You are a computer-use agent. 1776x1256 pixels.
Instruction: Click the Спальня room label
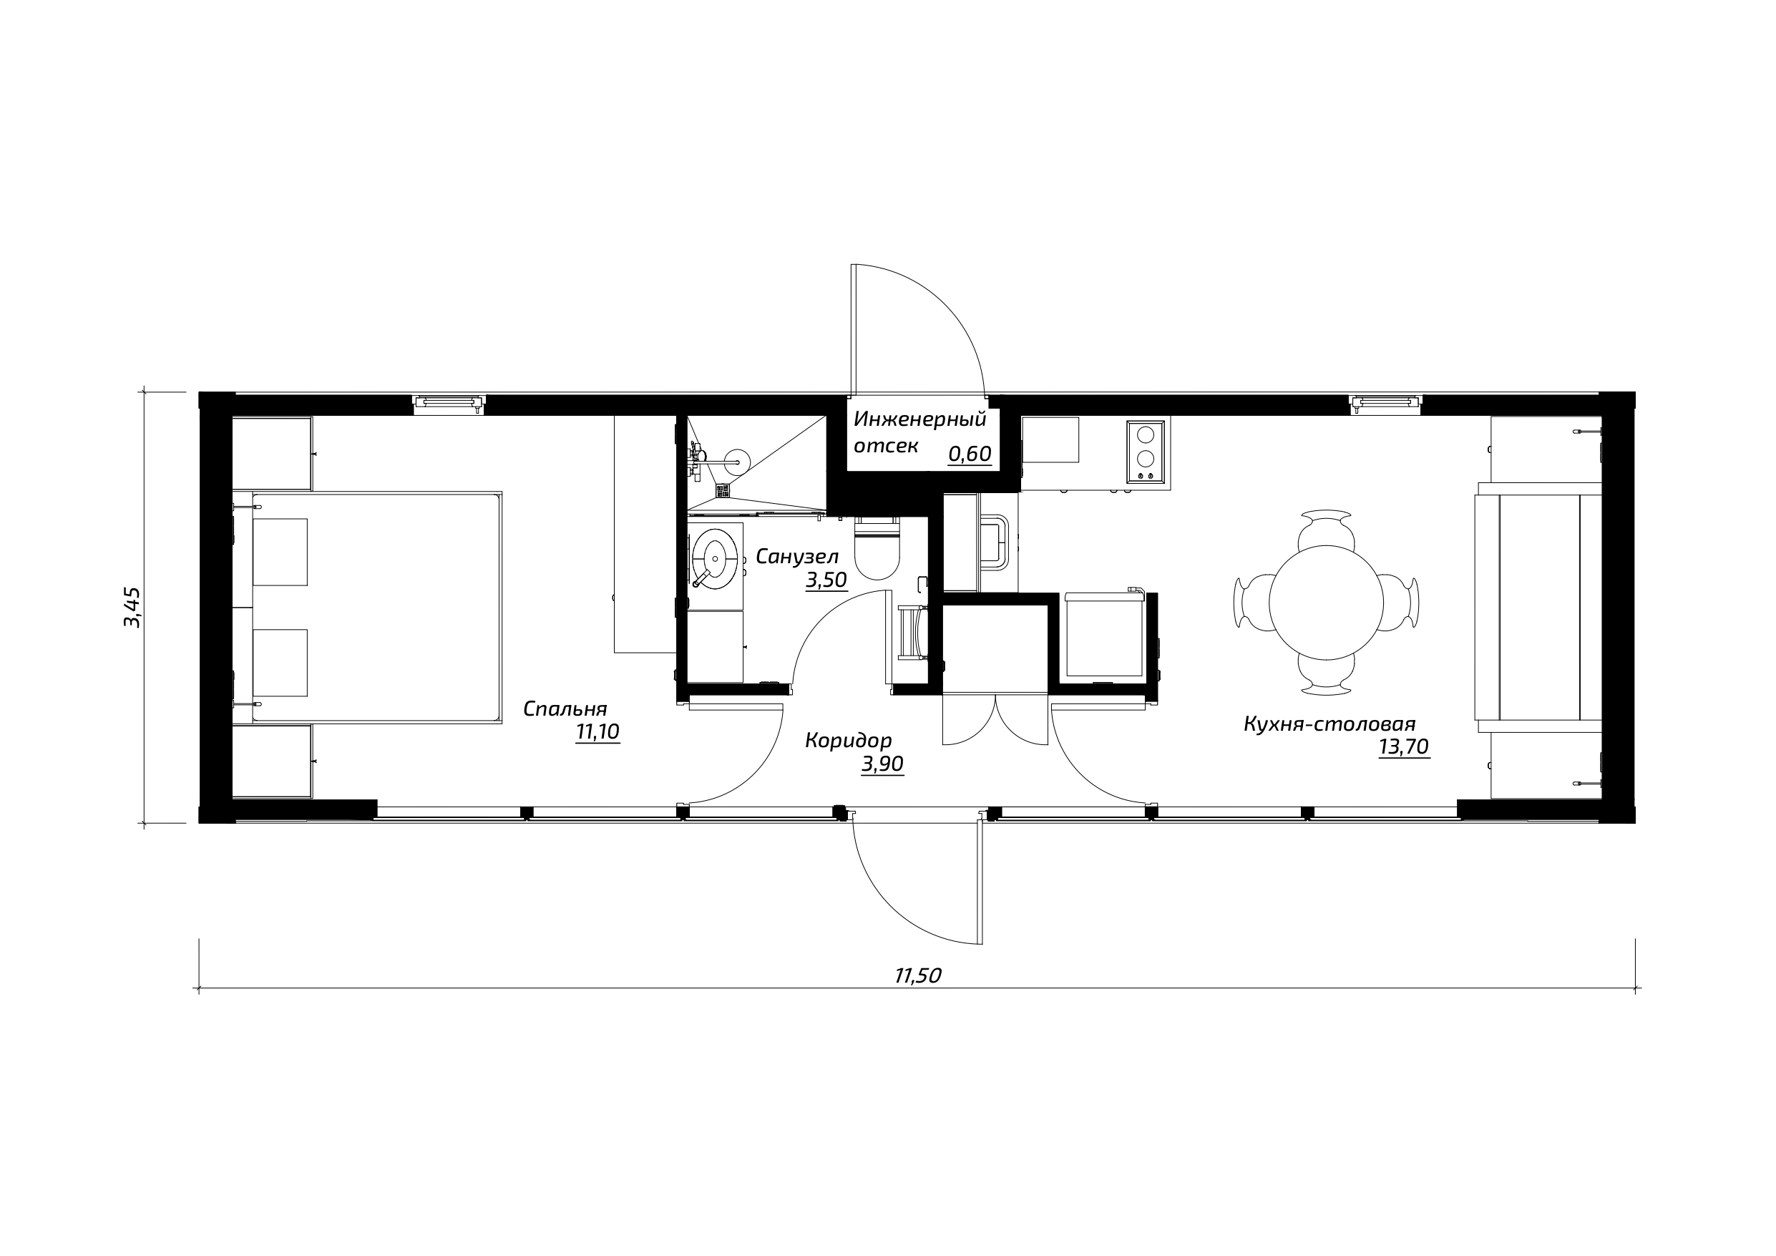pos(565,709)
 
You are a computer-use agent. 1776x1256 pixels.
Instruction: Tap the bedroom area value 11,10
pos(597,732)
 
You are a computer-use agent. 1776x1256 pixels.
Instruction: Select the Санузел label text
pos(796,556)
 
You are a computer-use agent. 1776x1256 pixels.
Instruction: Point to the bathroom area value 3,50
pos(826,580)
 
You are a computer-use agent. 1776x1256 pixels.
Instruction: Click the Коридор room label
pos(849,741)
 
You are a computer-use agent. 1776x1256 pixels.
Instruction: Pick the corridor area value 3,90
pos(882,764)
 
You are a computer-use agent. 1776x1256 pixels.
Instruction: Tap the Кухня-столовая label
pos(1329,724)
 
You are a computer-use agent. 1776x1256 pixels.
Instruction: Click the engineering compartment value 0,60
pos(970,454)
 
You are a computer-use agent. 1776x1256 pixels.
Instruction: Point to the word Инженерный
pos(919,419)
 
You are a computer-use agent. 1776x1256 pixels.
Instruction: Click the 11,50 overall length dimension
pos(917,976)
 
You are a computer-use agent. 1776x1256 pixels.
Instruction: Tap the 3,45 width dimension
pos(132,608)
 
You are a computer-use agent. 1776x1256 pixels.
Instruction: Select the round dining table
pos(1326,603)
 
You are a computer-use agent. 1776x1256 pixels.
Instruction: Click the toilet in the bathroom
pos(877,549)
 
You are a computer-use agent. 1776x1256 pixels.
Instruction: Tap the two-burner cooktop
pos(1146,452)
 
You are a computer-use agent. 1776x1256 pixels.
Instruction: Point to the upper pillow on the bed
pos(280,552)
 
